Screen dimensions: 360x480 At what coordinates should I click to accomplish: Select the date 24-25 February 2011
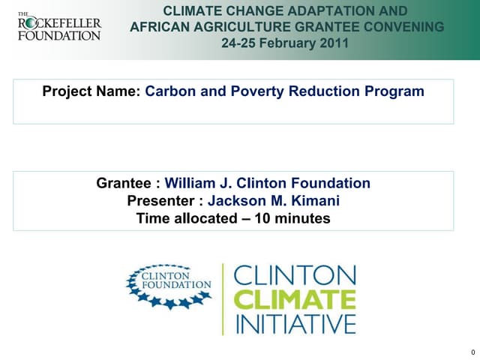(285, 43)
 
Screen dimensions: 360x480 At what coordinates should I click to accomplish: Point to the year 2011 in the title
(334, 43)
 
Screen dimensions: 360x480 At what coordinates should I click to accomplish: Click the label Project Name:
(91, 91)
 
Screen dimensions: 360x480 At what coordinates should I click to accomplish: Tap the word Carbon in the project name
(169, 91)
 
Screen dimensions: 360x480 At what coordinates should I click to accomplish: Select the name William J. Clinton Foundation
(268, 183)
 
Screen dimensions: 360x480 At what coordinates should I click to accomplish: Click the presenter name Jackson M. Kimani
(274, 201)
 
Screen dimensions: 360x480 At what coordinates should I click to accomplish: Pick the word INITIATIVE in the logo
(295, 325)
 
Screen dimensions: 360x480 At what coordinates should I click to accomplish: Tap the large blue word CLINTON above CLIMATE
(295, 275)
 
